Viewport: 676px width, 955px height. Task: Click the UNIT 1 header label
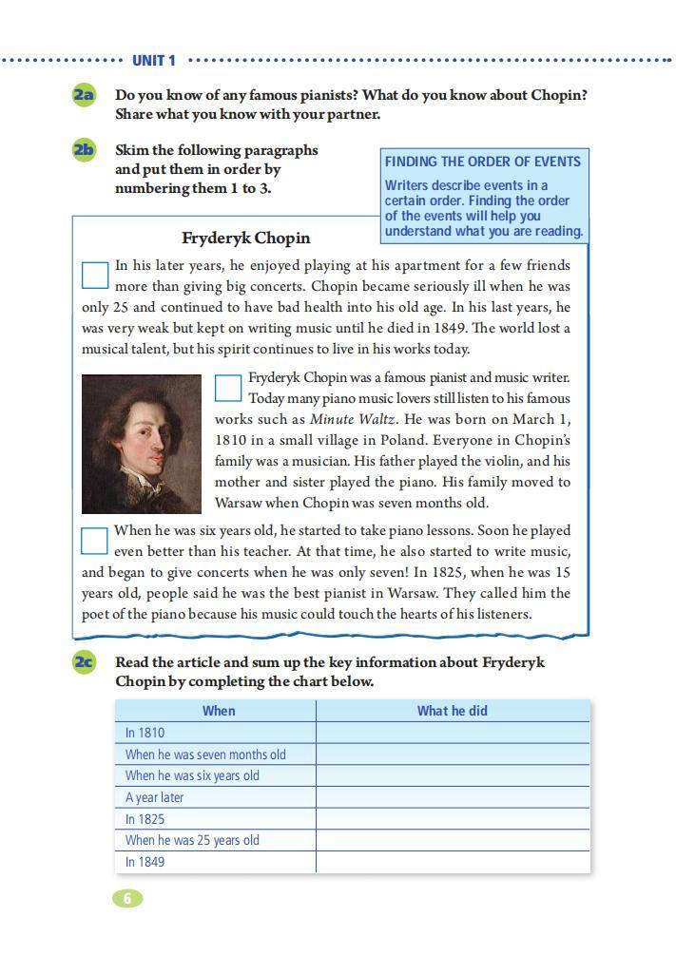153,61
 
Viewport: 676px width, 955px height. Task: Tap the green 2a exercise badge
84,95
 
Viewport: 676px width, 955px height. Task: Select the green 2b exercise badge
84,149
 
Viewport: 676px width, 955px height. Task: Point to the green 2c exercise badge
84,662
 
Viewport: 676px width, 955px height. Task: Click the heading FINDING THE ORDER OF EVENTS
482,162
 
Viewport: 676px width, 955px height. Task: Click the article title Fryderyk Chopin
245,238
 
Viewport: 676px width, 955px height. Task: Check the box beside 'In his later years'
95,275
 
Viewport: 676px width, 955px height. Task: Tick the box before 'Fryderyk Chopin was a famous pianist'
228,388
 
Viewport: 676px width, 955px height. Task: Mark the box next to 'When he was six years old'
94,541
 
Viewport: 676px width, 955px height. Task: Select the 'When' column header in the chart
219,711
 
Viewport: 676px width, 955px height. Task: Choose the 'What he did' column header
453,711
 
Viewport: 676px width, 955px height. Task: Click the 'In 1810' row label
145,733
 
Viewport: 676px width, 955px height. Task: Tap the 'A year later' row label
154,797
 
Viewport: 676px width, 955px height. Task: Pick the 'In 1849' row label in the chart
145,862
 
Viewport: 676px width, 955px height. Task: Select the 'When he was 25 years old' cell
192,840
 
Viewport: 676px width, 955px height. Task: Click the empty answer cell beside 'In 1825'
453,819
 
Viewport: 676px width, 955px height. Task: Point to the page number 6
127,898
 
